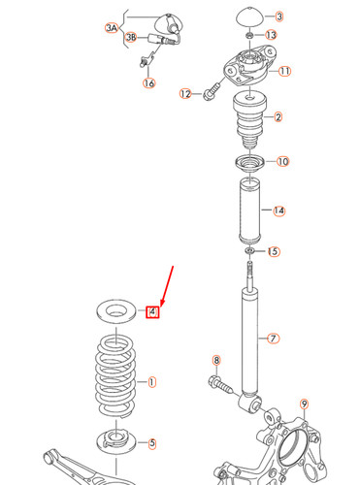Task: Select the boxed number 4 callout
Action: [x=152, y=311]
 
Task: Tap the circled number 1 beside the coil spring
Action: [x=152, y=382]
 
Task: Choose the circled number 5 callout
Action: [x=151, y=444]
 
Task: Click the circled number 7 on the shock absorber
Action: [x=274, y=339]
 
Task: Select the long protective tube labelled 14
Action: [x=249, y=210]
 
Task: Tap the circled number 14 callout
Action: [x=278, y=210]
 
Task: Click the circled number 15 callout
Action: [x=274, y=251]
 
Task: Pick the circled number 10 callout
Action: [x=282, y=161]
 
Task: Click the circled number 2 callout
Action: [x=278, y=117]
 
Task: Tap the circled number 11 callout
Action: [x=284, y=72]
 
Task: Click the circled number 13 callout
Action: [x=271, y=35]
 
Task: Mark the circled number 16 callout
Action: [x=148, y=83]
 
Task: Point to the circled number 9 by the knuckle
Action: [x=303, y=404]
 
